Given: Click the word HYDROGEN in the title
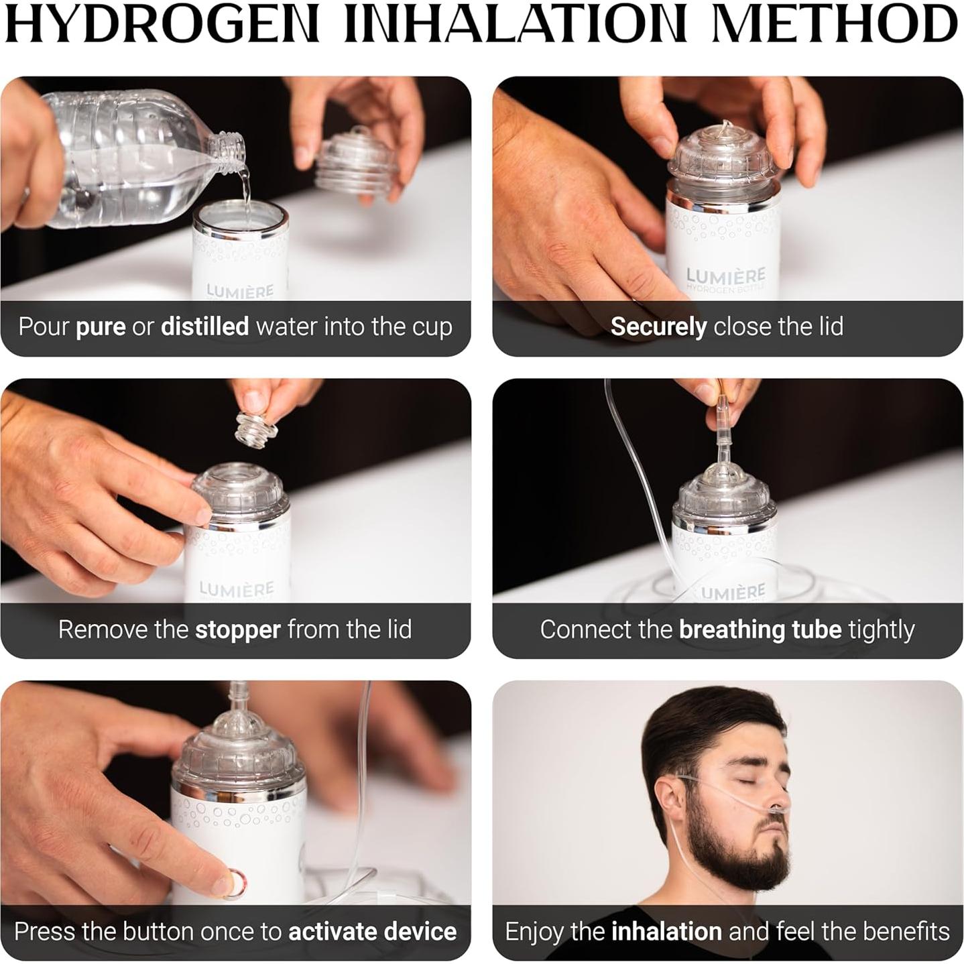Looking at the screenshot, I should tap(161, 25).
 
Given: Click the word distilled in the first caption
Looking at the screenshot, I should tap(204, 326).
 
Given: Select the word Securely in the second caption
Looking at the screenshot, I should tap(658, 326).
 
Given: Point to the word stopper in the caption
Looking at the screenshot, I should tap(237, 629).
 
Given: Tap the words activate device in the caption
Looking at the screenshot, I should tap(372, 931).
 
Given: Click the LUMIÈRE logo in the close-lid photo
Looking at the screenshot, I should tap(725, 276).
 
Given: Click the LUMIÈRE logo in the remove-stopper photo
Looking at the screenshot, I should tap(236, 589).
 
